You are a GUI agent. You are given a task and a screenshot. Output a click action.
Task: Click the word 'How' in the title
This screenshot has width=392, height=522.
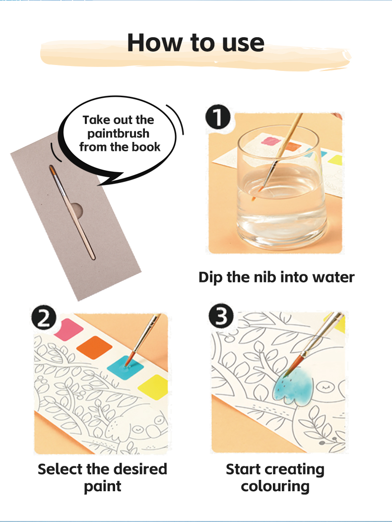pos(155,43)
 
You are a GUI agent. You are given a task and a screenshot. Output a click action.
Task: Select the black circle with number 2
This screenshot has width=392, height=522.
pos(44,318)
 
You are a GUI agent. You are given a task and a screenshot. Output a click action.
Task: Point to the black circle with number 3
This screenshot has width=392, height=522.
pos(221,315)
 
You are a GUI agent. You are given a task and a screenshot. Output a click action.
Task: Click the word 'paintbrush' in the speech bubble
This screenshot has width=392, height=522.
pos(118,134)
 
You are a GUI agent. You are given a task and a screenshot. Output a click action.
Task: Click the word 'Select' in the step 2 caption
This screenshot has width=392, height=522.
pos(60,469)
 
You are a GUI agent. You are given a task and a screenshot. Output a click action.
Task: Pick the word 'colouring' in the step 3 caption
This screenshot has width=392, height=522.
pos(275,487)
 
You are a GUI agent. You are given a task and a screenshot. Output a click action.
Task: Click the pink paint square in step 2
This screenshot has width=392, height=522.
pos(69,329)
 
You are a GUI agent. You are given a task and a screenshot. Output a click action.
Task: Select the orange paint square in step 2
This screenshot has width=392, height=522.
pos(94,347)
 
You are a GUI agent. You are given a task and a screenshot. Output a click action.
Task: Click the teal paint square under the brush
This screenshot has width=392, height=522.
pos(126,368)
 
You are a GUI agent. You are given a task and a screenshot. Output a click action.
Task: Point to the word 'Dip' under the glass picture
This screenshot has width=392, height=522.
pos(211,278)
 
